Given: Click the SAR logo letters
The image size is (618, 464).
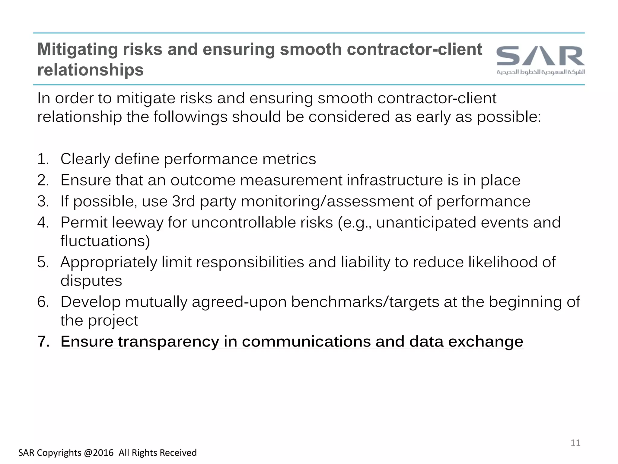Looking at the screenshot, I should coord(540,56).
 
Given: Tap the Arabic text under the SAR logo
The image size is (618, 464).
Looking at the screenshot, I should coord(540,72).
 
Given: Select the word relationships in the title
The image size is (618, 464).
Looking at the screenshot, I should coord(90,70).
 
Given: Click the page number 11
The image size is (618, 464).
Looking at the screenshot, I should coord(575,443).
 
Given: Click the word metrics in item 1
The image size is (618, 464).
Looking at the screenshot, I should coord(289,159).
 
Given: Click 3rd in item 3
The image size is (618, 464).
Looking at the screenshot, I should coord(183,201).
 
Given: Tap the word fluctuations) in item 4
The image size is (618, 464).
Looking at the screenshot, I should coord(105,241).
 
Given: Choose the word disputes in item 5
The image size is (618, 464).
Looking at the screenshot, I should coord(91,281).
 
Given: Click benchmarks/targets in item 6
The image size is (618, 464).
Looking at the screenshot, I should coord(365,302).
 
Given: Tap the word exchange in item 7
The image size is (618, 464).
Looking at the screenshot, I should coord(485,342).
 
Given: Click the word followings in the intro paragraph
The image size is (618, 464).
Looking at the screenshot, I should coord(190,117).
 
